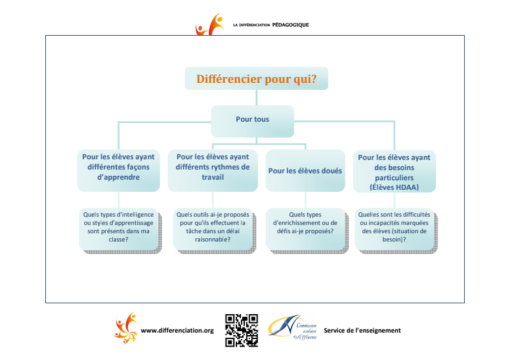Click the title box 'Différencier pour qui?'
(x=256, y=78)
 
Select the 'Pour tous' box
(x=252, y=121)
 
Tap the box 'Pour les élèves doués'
(x=305, y=170)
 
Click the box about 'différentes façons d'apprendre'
(x=119, y=170)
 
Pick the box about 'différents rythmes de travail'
(x=213, y=170)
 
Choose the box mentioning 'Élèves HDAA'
(x=394, y=171)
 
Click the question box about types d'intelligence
(x=120, y=231)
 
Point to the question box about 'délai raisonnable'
(x=214, y=231)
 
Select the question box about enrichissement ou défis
(x=307, y=231)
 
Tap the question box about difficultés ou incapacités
(x=396, y=231)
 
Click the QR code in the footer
(x=242, y=331)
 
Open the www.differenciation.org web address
(x=177, y=331)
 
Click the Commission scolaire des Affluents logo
(x=292, y=328)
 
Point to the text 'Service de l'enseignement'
(x=362, y=331)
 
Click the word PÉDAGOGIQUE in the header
(x=291, y=25)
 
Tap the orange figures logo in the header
(x=210, y=24)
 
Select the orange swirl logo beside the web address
(x=126, y=328)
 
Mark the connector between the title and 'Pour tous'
(x=257, y=97)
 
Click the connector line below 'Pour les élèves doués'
(x=305, y=199)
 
